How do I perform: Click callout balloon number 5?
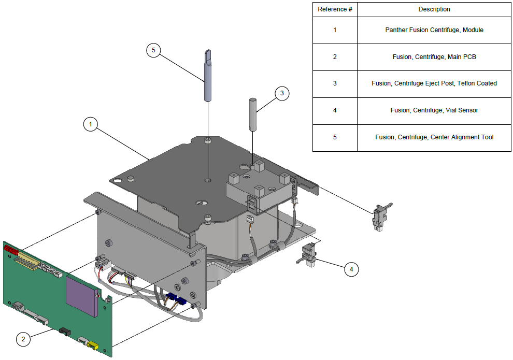[x=153, y=50]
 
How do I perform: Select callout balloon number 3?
[x=282, y=94]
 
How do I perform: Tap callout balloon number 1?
[x=91, y=124]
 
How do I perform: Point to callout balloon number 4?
[x=351, y=269]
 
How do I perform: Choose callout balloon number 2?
[x=23, y=339]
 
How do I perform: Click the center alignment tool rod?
[x=207, y=75]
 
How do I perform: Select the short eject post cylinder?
[x=252, y=114]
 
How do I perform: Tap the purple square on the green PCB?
[x=82, y=296]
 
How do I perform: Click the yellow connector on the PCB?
[x=93, y=345]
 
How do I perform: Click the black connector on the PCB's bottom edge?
[x=65, y=331]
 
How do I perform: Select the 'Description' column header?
[x=434, y=9]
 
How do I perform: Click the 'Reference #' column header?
[x=335, y=9]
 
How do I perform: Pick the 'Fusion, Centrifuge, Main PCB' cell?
[x=434, y=57]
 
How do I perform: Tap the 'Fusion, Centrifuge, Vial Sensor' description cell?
[x=434, y=110]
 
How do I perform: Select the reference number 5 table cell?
[x=335, y=137]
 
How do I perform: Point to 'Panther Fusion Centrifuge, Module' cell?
[x=434, y=30]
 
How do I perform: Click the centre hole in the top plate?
[x=208, y=180]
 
